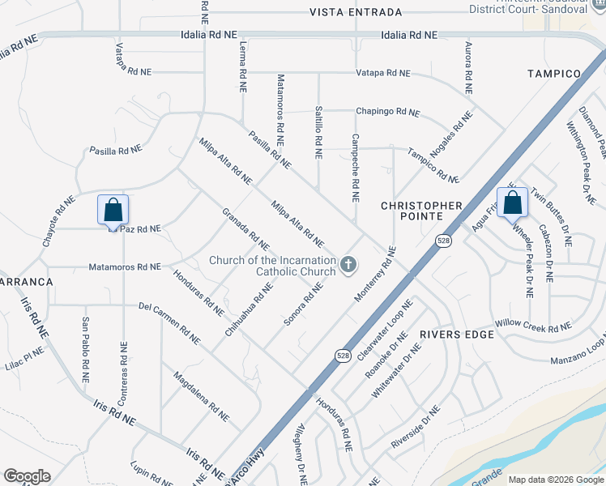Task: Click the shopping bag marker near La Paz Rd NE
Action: (x=113, y=210)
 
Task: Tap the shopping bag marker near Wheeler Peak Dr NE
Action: (x=512, y=202)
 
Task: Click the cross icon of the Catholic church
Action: (x=348, y=265)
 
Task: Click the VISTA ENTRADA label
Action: (x=356, y=12)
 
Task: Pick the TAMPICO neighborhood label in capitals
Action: (x=555, y=74)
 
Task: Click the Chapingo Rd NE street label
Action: (x=388, y=113)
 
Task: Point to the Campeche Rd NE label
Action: (x=354, y=168)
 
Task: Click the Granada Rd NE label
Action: (x=245, y=229)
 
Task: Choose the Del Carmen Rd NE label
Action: (x=169, y=319)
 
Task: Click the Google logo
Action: (x=27, y=476)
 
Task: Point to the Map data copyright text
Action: (x=555, y=480)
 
